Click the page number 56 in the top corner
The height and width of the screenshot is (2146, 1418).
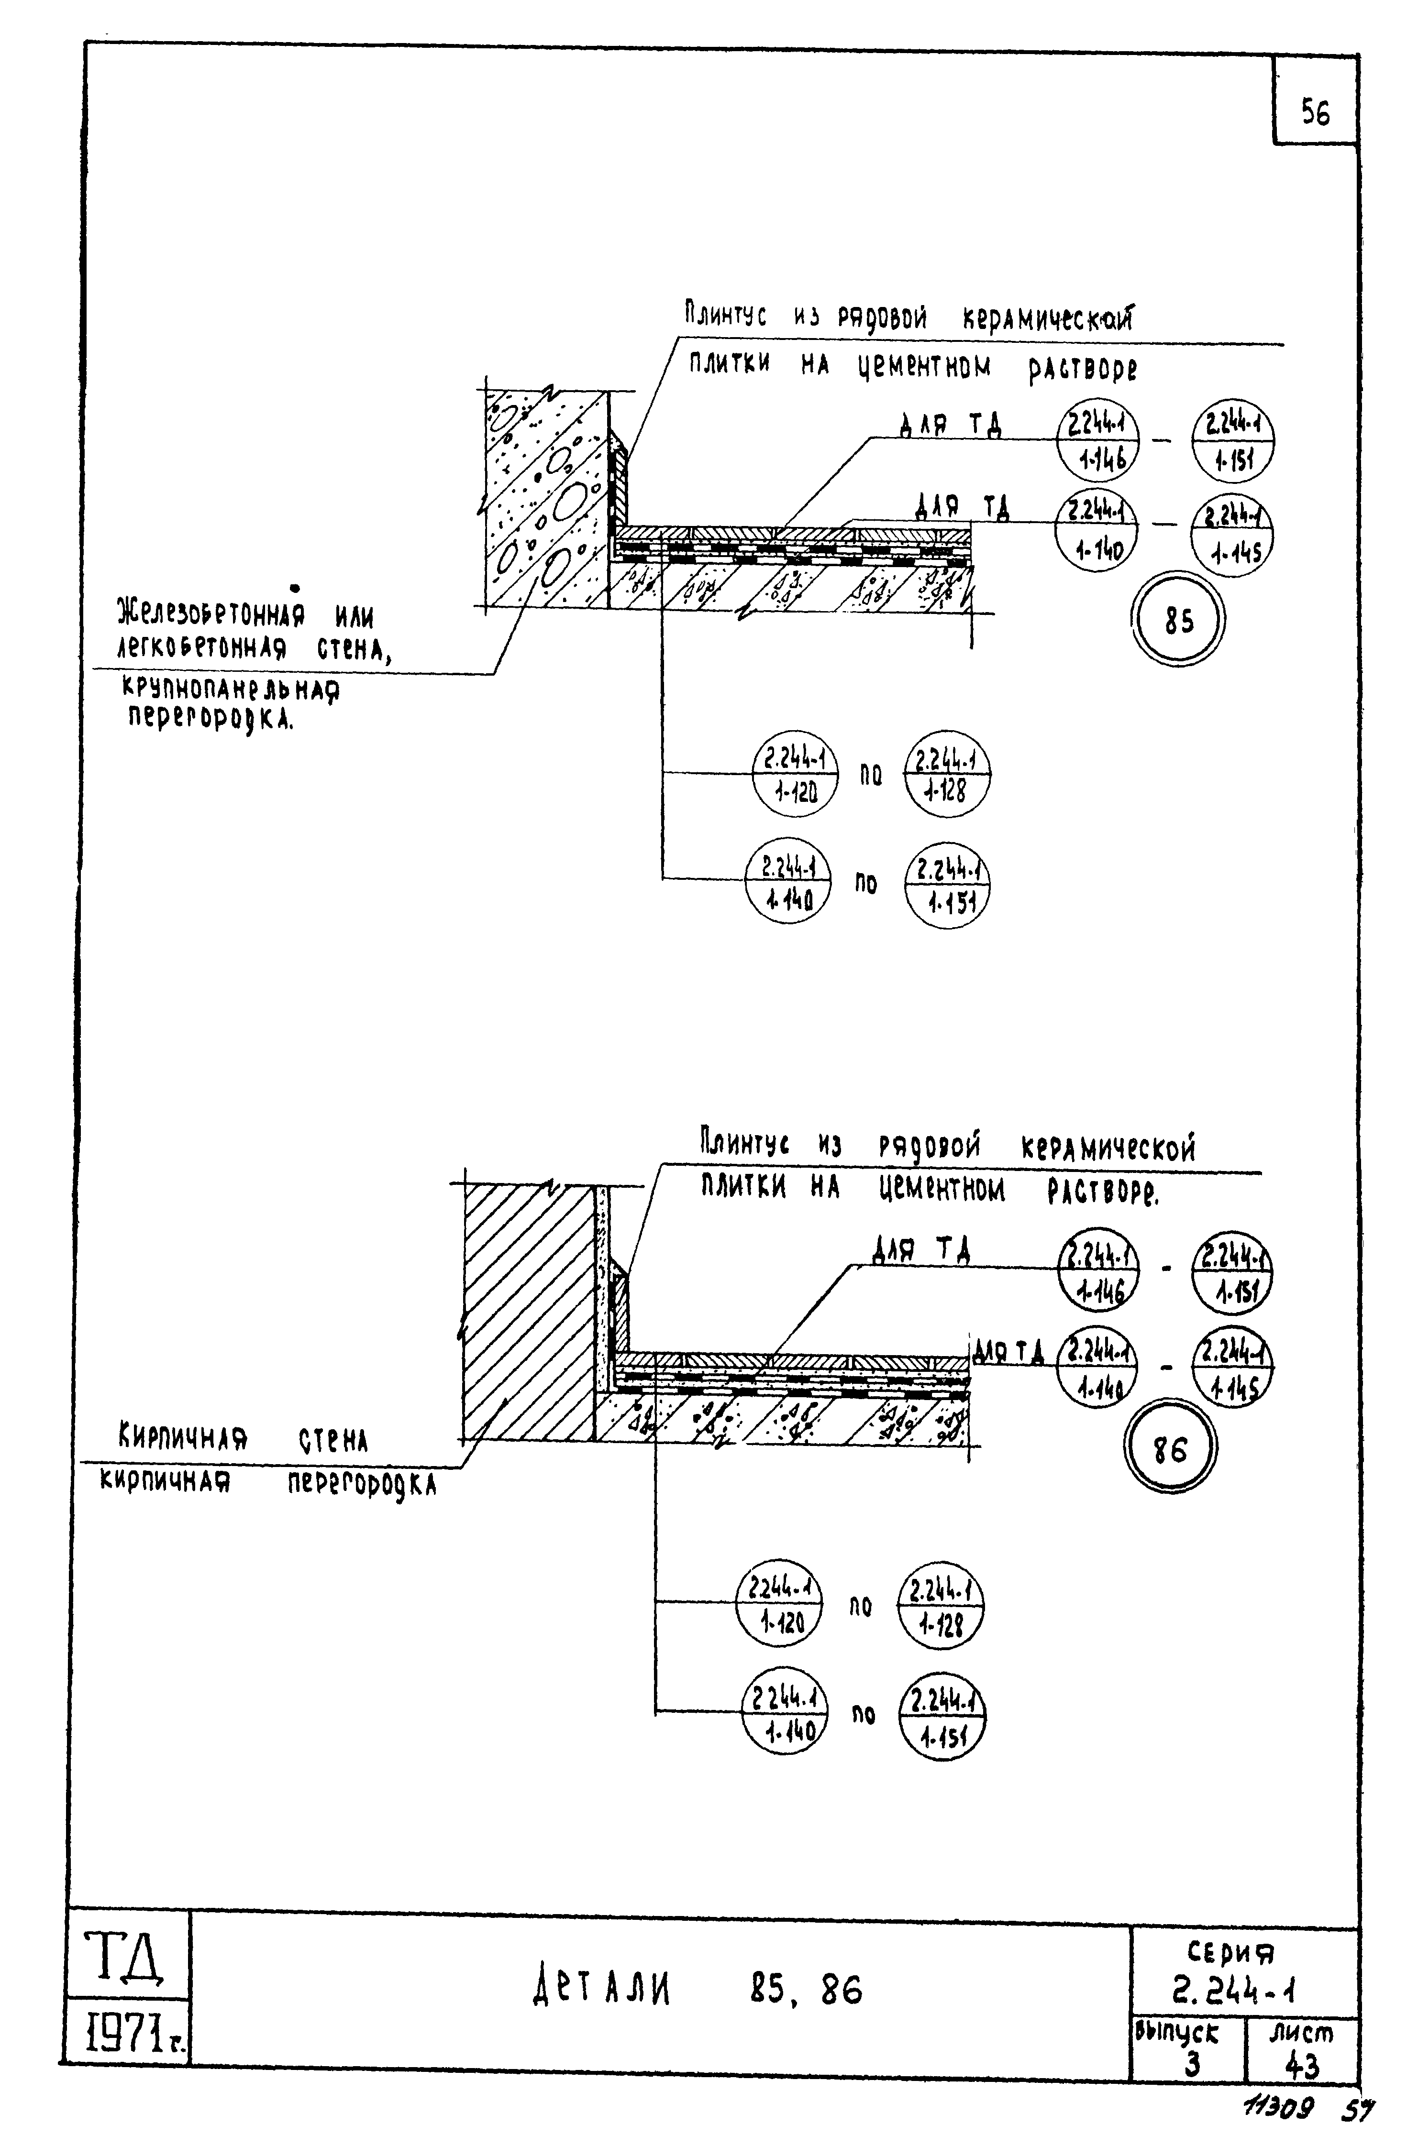tap(1315, 113)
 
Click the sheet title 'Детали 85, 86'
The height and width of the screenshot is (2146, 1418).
tap(697, 1990)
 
